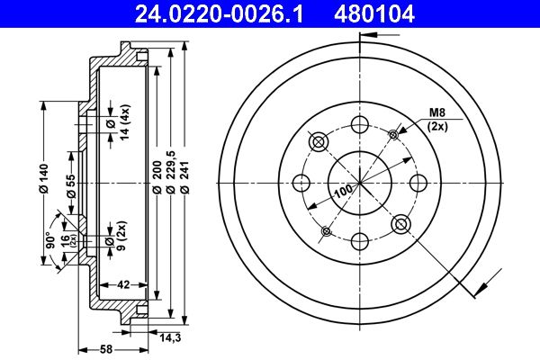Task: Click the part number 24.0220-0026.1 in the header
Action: pos(219,14)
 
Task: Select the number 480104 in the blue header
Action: pos(374,14)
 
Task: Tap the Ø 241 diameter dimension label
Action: pos(184,177)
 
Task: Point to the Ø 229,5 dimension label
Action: pos(171,171)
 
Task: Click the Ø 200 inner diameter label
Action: pos(157,177)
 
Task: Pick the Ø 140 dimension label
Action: pos(44,178)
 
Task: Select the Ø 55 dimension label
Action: pos(71,185)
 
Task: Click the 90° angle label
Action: pos(50,240)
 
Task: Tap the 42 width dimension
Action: pos(123,284)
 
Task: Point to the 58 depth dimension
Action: pos(106,349)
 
